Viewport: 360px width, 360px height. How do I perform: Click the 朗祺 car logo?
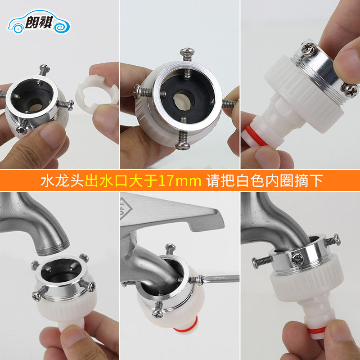39,21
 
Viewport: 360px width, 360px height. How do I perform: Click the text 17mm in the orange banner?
180,180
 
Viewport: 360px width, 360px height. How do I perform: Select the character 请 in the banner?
213,180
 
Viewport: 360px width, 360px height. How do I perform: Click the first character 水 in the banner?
48,180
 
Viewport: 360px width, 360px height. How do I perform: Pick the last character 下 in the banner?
316,180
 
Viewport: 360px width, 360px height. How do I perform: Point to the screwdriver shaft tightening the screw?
220,279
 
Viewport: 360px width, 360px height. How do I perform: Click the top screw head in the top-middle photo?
187,51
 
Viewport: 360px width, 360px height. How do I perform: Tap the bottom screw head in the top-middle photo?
183,146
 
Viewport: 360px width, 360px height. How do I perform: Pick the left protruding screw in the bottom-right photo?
262,261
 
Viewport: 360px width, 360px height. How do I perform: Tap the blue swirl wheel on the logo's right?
62,25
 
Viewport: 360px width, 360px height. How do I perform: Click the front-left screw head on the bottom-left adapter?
37,296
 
